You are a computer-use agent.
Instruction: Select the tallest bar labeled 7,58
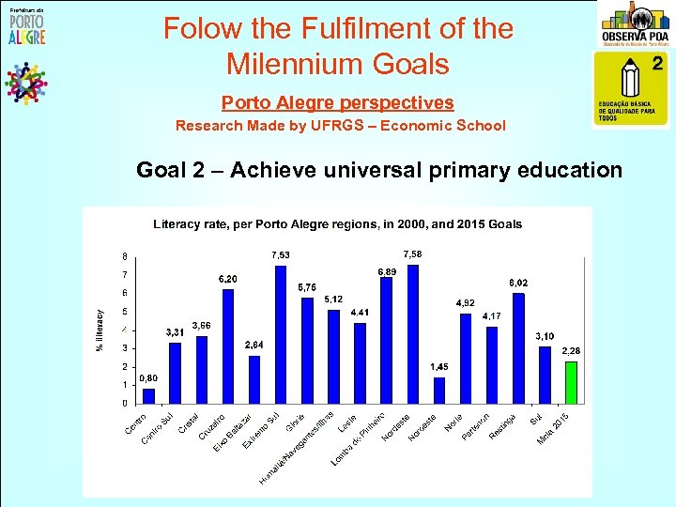click(x=413, y=333)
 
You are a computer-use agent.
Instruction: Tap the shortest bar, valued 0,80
click(x=148, y=395)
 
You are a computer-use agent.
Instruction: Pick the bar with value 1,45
click(x=439, y=390)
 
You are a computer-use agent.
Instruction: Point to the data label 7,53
click(x=281, y=254)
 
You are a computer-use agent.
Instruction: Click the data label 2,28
click(x=572, y=351)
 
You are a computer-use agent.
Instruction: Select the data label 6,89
click(x=387, y=271)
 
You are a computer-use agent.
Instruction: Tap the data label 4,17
click(x=492, y=316)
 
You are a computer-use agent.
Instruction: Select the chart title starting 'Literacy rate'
click(x=337, y=224)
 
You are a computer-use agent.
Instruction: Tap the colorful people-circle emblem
click(x=25, y=83)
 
